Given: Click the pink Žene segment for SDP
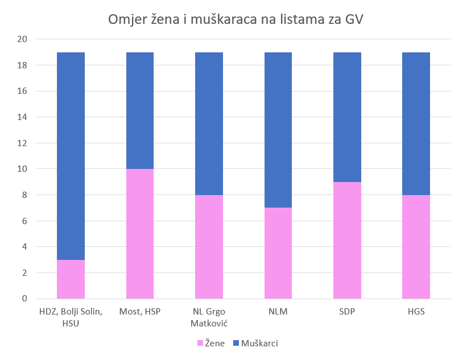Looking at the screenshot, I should coord(347,240).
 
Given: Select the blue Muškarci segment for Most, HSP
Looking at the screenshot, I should coord(140,110).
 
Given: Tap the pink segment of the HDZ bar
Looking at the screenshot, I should coord(71,279).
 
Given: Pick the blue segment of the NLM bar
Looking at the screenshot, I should coord(278,130).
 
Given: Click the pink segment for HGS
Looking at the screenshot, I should coord(416,247).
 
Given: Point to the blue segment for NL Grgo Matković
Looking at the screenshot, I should coord(209,123).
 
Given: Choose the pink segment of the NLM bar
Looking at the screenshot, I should coord(278,253).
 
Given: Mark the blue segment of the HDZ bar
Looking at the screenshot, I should coord(71,156).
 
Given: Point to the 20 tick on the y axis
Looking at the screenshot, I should coord(23,39).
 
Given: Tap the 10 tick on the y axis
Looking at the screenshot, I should coord(23,169).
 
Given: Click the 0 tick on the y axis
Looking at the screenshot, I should coord(24,299).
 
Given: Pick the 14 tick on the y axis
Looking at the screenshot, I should coord(23,117).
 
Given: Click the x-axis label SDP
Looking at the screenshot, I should coord(347,312).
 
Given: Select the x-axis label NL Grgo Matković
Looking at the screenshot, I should coord(209,317).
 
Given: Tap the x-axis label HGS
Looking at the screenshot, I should coord(416,312).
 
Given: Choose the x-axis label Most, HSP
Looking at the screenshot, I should coord(140,312).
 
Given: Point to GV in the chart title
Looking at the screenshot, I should coord(353,20).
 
